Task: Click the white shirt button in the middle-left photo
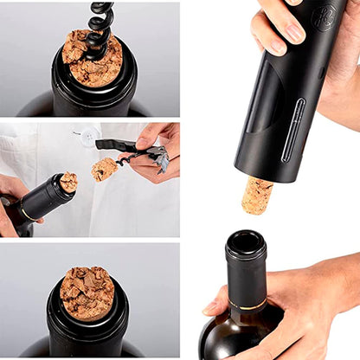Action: click(x=88, y=136)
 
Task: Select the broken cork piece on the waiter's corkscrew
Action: click(x=105, y=169)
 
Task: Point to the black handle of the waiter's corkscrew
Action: click(x=118, y=145)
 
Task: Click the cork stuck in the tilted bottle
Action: click(x=67, y=182)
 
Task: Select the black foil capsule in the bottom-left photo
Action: click(x=87, y=333)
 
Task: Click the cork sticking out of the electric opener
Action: click(x=257, y=195)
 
